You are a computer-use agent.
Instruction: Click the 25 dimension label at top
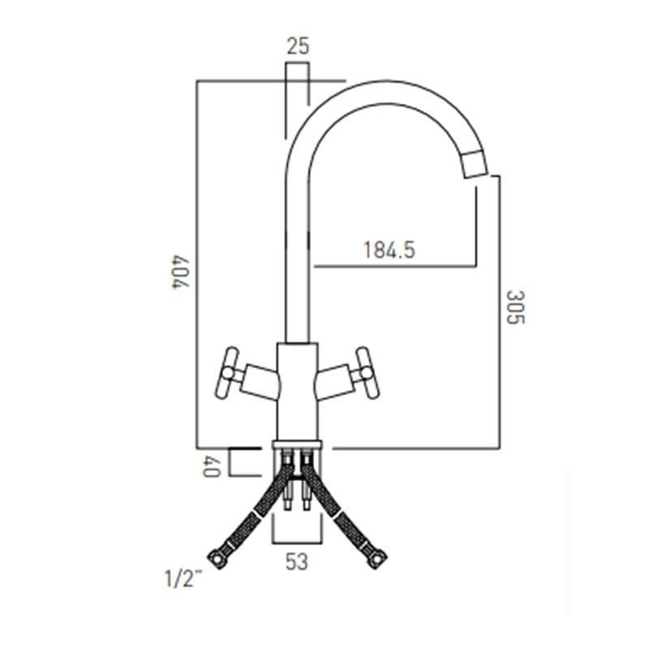298,47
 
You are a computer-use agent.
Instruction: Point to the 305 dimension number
515,307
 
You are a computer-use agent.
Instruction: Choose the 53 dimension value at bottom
297,561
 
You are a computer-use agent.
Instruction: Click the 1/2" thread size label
182,580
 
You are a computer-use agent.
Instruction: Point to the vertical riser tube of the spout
297,243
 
